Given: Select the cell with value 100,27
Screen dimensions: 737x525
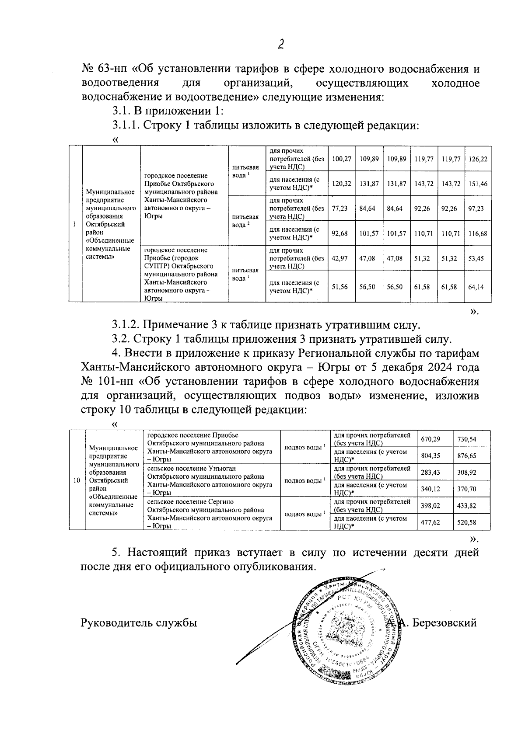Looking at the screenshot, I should coord(341,159).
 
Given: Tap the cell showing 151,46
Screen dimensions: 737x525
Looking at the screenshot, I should coord(477,184).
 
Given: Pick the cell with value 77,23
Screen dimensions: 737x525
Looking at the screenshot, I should coord(339,209).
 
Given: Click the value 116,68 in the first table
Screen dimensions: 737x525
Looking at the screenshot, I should coord(477,233).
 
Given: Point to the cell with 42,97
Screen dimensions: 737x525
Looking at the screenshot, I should coord(339,258).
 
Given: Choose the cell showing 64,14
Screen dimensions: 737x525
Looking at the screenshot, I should coord(476,287).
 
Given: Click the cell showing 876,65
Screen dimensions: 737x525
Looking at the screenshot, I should coord(467,455).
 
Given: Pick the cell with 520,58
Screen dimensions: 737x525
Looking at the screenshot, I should coord(467,522).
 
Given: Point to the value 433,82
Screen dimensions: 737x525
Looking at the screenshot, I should coord(467,506).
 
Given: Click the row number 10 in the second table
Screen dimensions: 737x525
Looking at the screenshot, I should coord(77,480).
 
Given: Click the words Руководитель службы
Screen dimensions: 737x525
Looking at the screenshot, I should coord(139,622).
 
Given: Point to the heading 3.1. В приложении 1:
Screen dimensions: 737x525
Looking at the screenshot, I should coord(168,111).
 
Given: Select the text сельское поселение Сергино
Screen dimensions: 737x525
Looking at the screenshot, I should coord(190,502).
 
